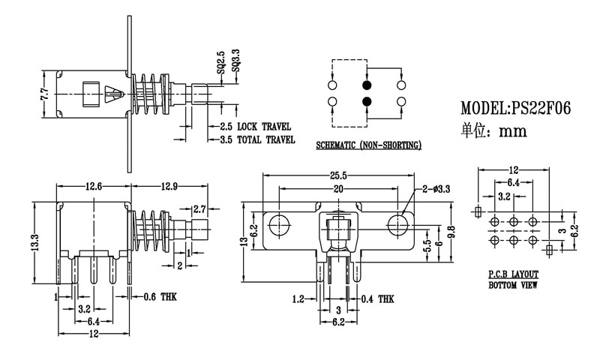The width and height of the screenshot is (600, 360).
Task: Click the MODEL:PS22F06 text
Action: point(516,108)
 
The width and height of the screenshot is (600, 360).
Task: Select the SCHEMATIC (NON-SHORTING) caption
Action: point(368,143)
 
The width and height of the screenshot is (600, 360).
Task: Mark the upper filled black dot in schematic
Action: point(367,85)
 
